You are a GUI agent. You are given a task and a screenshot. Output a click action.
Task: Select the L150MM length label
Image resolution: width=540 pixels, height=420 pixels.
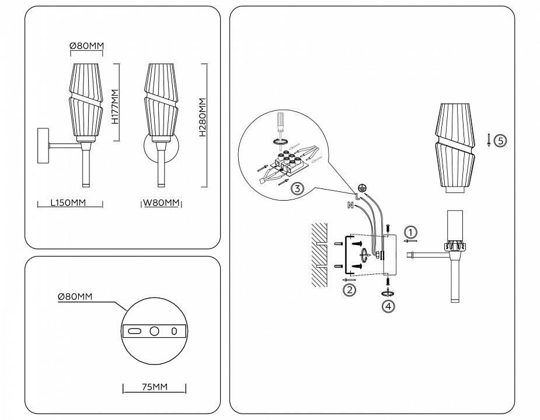pyautogui.click(x=68, y=204)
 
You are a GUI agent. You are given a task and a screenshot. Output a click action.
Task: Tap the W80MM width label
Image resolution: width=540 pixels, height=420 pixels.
pyautogui.click(x=161, y=204)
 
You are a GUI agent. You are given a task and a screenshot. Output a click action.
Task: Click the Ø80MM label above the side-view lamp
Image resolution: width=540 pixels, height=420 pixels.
pyautogui.click(x=87, y=47)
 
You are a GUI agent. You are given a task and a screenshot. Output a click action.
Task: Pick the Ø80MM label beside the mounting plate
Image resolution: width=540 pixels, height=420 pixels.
pyautogui.click(x=75, y=296)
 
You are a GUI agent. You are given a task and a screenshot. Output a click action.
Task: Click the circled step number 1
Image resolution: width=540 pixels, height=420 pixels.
pyautogui.click(x=411, y=232)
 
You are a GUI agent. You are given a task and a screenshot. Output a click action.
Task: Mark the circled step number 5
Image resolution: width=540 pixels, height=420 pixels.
pyautogui.click(x=500, y=140)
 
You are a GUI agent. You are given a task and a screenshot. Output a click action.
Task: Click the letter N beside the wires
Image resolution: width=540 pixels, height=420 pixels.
pyautogui.click(x=350, y=205)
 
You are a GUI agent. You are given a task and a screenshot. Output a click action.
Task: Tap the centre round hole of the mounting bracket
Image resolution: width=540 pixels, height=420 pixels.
pyautogui.click(x=155, y=331)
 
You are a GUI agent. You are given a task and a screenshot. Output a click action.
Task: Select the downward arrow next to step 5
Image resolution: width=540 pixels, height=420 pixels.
pyautogui.click(x=488, y=140)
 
